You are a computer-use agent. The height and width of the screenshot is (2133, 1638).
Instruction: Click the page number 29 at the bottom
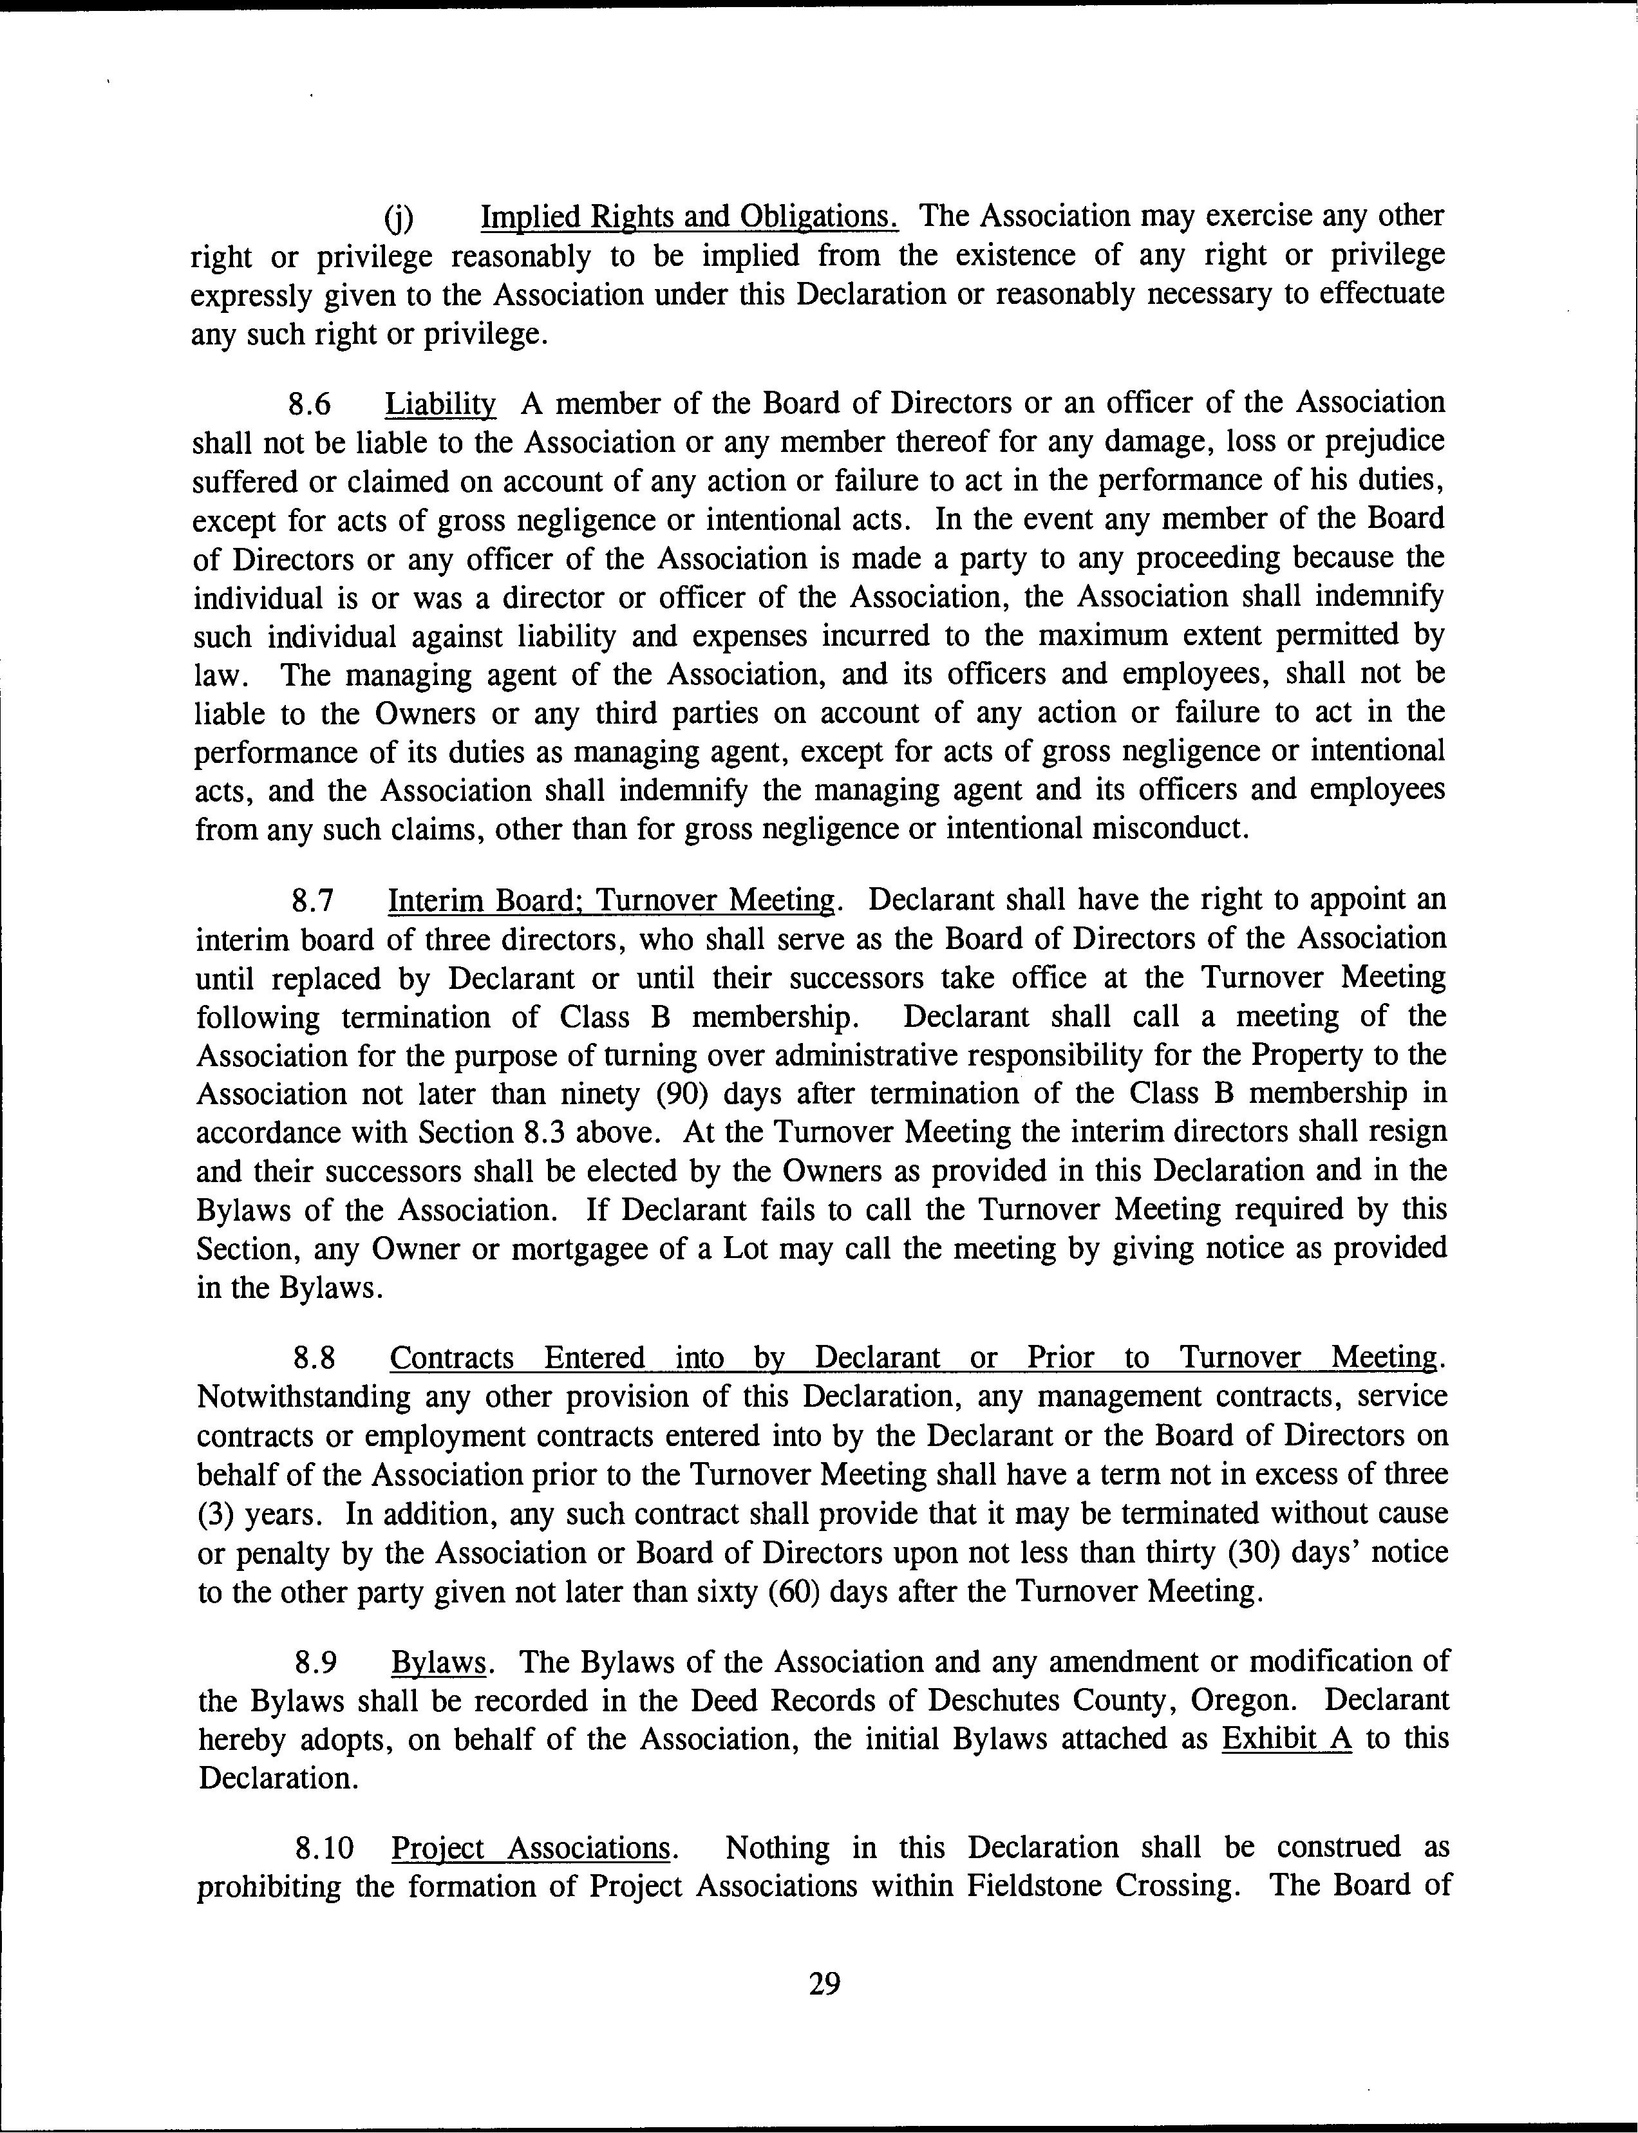coord(824,1983)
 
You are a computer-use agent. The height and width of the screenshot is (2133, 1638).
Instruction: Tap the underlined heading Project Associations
coord(531,1847)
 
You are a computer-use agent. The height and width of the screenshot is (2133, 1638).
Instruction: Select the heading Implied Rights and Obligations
coord(690,216)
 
